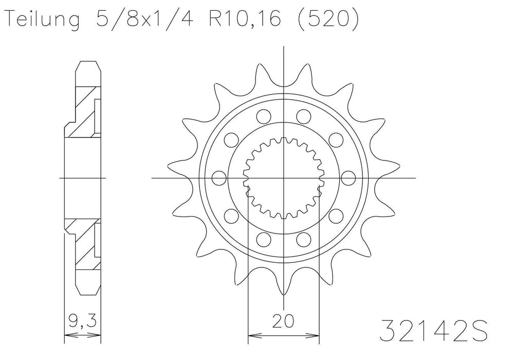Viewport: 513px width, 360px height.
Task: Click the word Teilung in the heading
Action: pyautogui.click(x=42, y=21)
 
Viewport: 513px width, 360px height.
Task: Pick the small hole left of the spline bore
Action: pyautogui.click(x=219, y=178)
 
